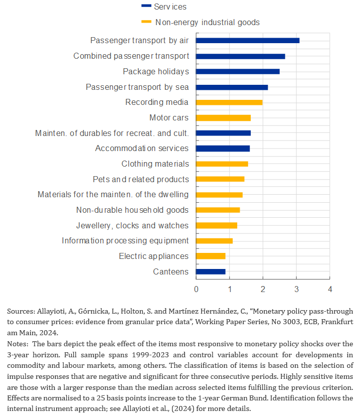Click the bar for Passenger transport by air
tap(248, 41)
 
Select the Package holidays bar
tap(238, 71)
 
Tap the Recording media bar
tap(229, 102)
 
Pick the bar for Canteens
tap(211, 271)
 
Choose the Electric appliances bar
tap(211, 256)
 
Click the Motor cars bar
tap(223, 118)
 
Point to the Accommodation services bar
tap(223, 149)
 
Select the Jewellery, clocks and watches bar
tap(217, 225)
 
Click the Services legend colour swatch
tap(146, 6)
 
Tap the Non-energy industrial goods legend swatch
tap(146, 22)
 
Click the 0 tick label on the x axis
tap(196, 289)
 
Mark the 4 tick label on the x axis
tap(330, 289)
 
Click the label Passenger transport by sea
tap(137, 87)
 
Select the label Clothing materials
tap(155, 164)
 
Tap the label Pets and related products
tap(141, 179)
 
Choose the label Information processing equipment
tap(125, 240)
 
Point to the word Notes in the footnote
tap(18, 344)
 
